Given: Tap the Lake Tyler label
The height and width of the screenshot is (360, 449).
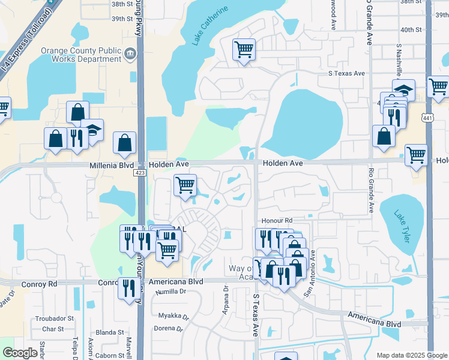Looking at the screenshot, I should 402,226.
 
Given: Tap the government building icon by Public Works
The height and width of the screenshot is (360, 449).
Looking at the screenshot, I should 129,55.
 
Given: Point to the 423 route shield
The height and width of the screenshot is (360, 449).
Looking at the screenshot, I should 140,173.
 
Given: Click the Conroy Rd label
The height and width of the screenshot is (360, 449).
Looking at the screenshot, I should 40,282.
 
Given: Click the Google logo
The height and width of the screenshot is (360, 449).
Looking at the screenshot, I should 20,353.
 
